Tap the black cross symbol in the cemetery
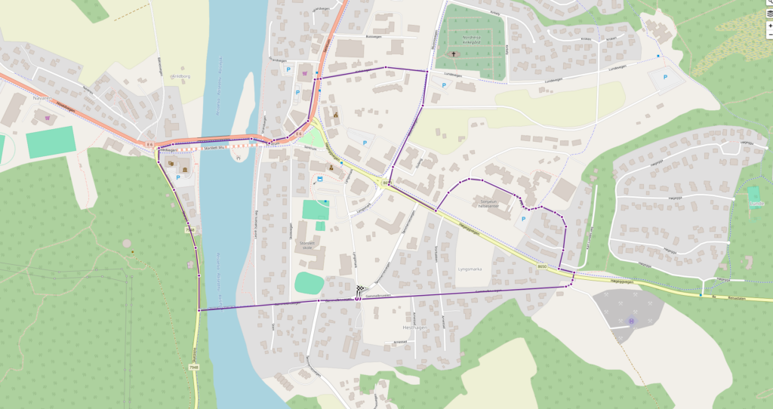click(x=454, y=54)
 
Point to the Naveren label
click(x=41, y=98)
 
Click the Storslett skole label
click(x=306, y=244)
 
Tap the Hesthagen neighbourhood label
click(x=416, y=328)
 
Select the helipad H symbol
click(x=631, y=321)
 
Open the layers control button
click(x=769, y=13)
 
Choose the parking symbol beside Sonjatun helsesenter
click(x=524, y=219)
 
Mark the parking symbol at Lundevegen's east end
click(x=665, y=77)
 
